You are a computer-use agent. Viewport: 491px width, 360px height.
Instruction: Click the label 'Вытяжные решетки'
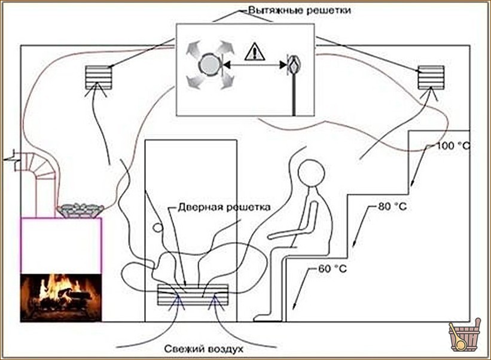tap(299, 10)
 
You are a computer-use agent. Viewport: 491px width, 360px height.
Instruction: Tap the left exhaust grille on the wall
tap(98, 77)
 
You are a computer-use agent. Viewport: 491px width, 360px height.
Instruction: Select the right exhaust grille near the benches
tap(431, 77)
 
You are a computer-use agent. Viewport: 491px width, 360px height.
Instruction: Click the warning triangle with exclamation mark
tap(255, 51)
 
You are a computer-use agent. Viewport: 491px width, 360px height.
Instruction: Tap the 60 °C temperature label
tap(333, 269)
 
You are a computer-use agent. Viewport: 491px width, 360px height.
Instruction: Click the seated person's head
tap(311, 173)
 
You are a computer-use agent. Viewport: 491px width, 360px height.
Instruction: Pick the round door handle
tap(158, 228)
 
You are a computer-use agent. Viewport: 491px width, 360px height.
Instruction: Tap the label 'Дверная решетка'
tap(224, 208)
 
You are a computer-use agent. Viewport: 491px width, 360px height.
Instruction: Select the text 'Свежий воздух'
tap(203, 349)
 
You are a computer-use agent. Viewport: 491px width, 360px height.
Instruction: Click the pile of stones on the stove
tap(81, 210)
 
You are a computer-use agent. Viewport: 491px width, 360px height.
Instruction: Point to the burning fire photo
tap(61, 298)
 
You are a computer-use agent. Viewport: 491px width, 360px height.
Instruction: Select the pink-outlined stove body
tap(61, 246)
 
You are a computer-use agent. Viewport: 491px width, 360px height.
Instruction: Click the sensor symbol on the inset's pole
tap(294, 65)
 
